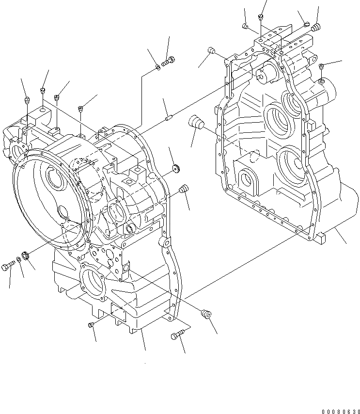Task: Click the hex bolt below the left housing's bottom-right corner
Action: point(177,336)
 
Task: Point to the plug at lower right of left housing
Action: point(206,314)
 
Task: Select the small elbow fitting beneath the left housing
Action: point(92,325)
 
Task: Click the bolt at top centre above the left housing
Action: point(170,61)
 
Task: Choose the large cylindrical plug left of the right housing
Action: point(197,122)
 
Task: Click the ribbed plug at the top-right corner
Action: point(317,27)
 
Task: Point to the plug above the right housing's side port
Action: point(321,66)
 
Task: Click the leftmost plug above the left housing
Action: point(27,100)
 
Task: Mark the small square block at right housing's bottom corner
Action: point(321,237)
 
